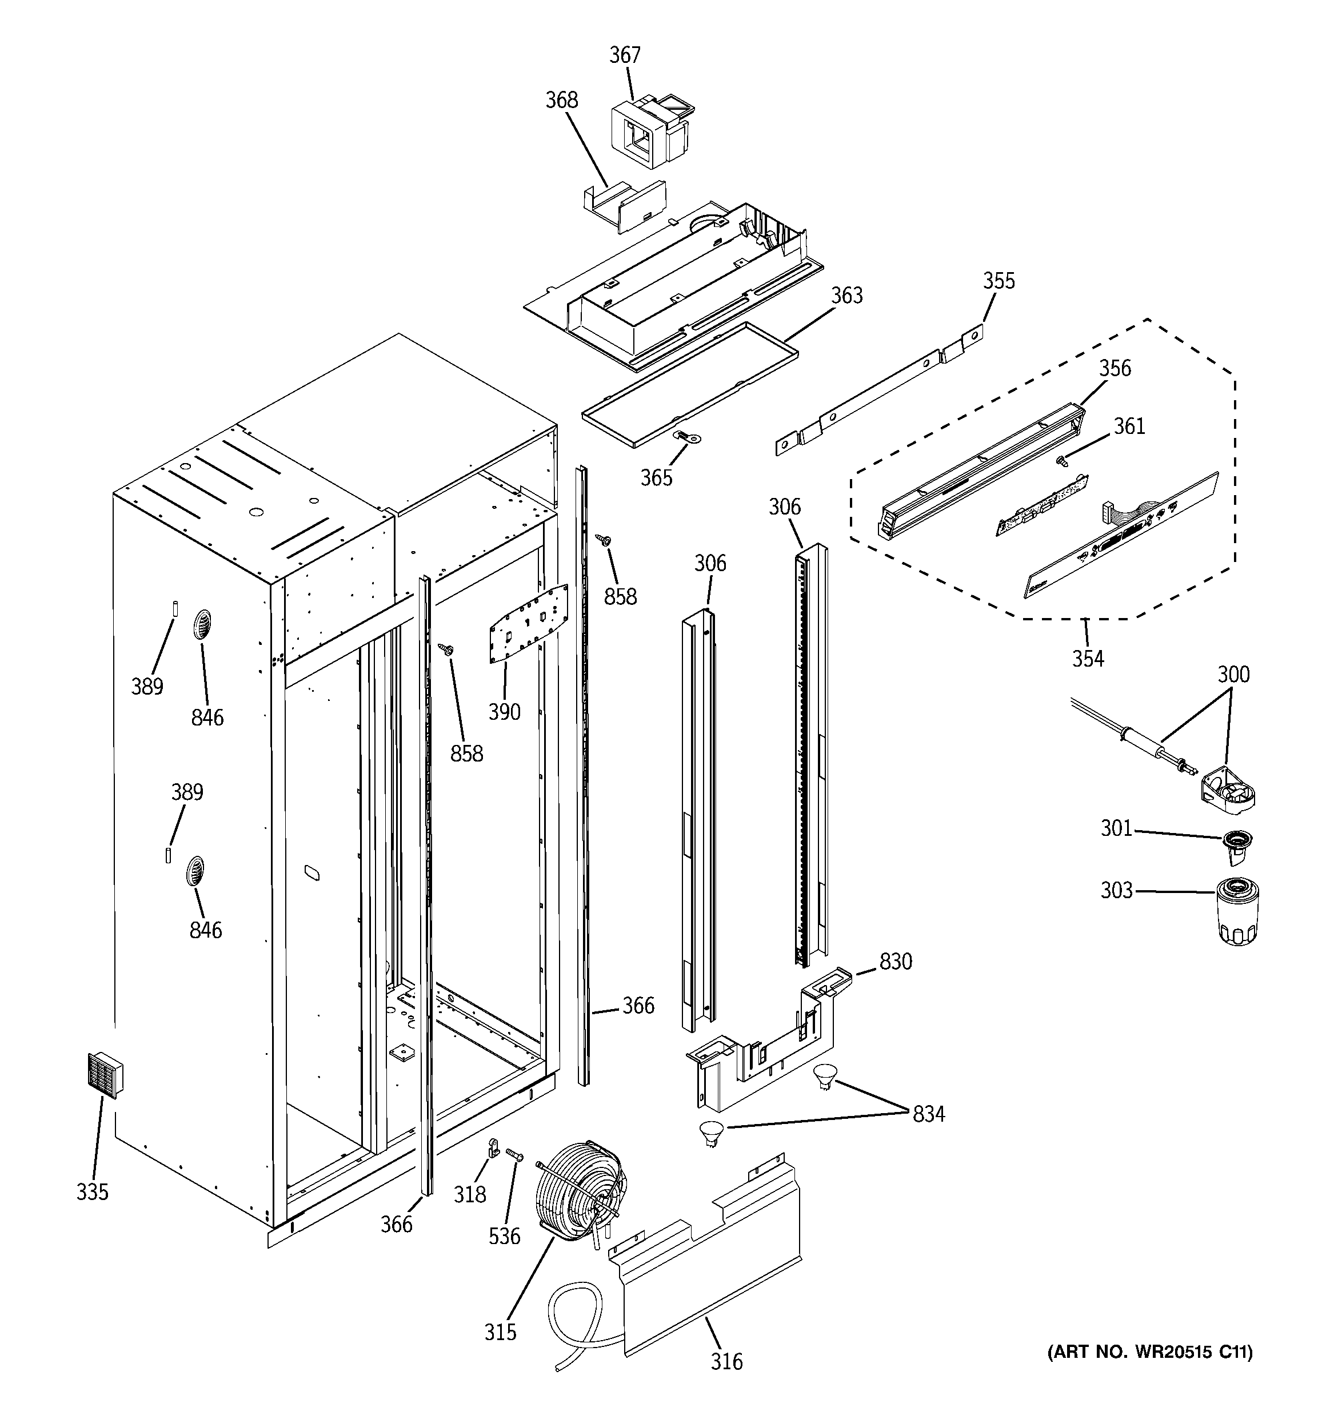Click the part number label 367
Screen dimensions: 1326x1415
point(625,55)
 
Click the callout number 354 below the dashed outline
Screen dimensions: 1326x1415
point(1088,659)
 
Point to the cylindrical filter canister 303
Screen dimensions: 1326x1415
point(1239,912)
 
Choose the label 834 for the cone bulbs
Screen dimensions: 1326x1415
point(929,1114)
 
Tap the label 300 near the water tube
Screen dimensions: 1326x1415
point(1233,674)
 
